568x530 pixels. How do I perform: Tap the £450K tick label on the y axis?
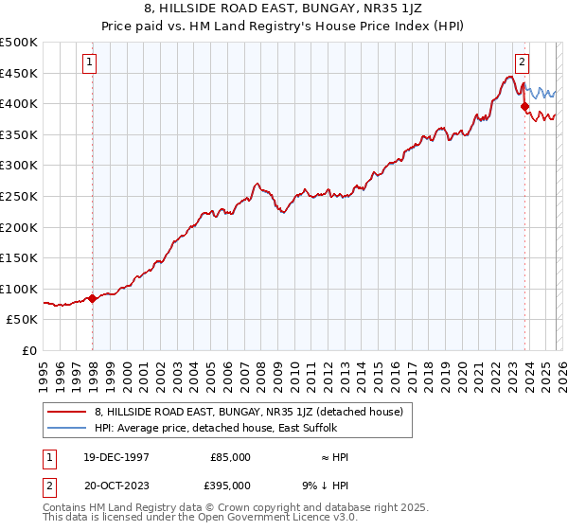(19, 73)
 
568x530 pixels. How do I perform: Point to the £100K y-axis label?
(19, 289)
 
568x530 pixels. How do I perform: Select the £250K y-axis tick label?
(19, 196)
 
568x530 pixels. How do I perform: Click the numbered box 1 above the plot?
(89, 63)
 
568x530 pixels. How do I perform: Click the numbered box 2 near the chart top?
(522, 63)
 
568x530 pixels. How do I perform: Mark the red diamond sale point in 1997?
(93, 298)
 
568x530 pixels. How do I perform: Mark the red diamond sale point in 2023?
(524, 107)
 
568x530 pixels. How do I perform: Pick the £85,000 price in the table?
(230, 457)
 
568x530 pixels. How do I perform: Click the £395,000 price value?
(230, 485)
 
